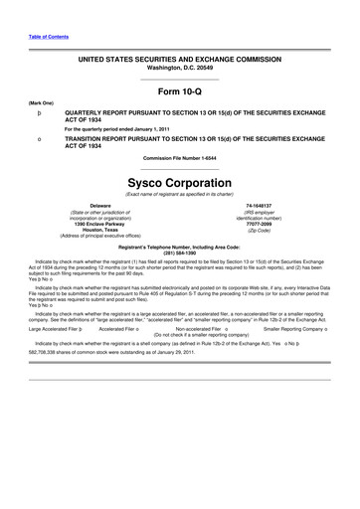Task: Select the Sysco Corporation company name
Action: pyautogui.click(x=180, y=183)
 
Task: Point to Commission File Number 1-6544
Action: pyautogui.click(x=180, y=158)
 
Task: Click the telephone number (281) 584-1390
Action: pyautogui.click(x=180, y=252)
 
